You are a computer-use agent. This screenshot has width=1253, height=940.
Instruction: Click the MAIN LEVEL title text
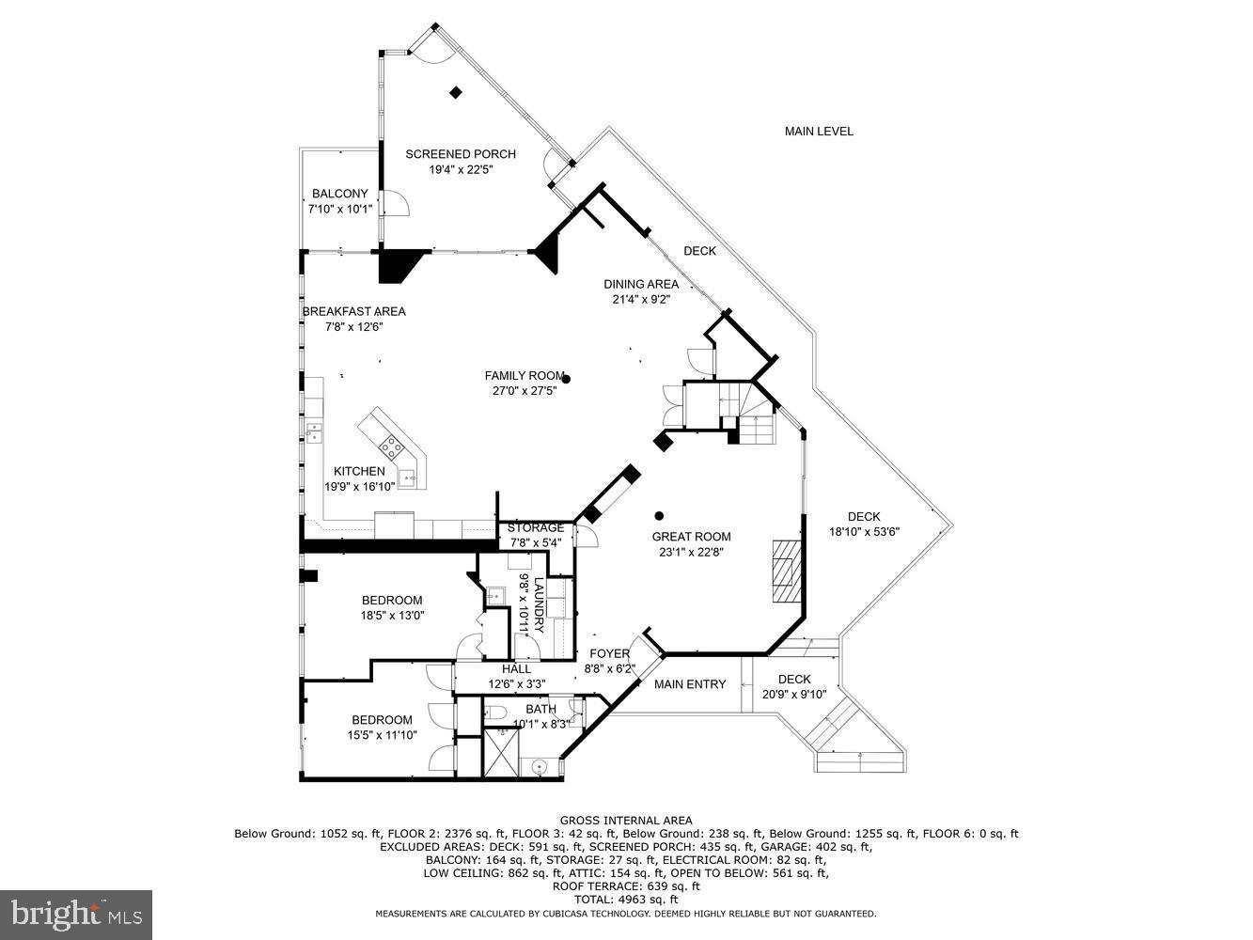(x=819, y=132)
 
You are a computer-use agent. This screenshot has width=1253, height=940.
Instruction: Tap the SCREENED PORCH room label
(x=461, y=154)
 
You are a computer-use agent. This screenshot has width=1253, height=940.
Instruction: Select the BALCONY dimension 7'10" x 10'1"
(x=339, y=210)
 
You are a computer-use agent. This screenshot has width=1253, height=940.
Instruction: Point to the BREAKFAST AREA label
(x=353, y=311)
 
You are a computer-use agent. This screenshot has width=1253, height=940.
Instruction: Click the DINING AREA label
(x=641, y=284)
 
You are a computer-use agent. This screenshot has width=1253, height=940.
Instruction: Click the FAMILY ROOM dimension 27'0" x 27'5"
(x=525, y=390)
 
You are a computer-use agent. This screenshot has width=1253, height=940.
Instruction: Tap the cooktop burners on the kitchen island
(x=392, y=448)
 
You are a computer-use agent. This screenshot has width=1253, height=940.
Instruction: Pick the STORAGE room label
(x=536, y=527)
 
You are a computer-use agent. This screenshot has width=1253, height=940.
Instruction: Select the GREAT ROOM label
(x=692, y=537)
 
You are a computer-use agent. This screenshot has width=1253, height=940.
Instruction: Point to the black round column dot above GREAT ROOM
(x=659, y=515)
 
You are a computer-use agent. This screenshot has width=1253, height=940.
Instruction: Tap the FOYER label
(x=609, y=654)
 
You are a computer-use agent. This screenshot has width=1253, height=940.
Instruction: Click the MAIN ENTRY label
(x=690, y=683)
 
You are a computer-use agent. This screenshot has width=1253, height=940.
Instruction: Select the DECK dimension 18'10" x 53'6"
(x=864, y=531)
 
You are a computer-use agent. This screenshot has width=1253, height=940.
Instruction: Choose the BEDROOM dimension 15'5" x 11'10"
(x=382, y=735)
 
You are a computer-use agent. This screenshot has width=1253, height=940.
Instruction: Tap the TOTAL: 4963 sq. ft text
(x=626, y=900)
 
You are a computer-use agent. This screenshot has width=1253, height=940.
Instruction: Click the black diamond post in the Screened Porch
(x=456, y=92)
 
